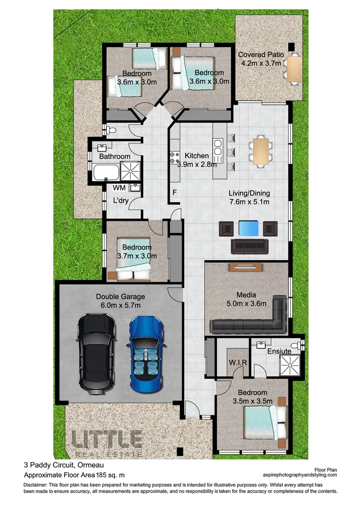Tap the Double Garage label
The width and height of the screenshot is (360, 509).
point(121,297)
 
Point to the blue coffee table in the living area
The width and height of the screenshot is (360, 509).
point(248,229)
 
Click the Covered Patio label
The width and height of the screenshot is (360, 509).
point(261,55)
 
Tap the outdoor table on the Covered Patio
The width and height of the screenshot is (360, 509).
point(293,69)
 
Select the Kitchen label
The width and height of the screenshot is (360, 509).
point(196,156)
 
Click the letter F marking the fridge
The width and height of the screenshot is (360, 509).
point(174,192)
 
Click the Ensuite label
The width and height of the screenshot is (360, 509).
point(279,352)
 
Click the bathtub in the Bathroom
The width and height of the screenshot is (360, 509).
point(106,172)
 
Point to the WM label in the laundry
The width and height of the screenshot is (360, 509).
point(119,188)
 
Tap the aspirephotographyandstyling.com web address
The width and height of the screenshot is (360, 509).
point(300,475)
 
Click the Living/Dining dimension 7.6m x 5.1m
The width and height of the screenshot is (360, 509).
point(249,202)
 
